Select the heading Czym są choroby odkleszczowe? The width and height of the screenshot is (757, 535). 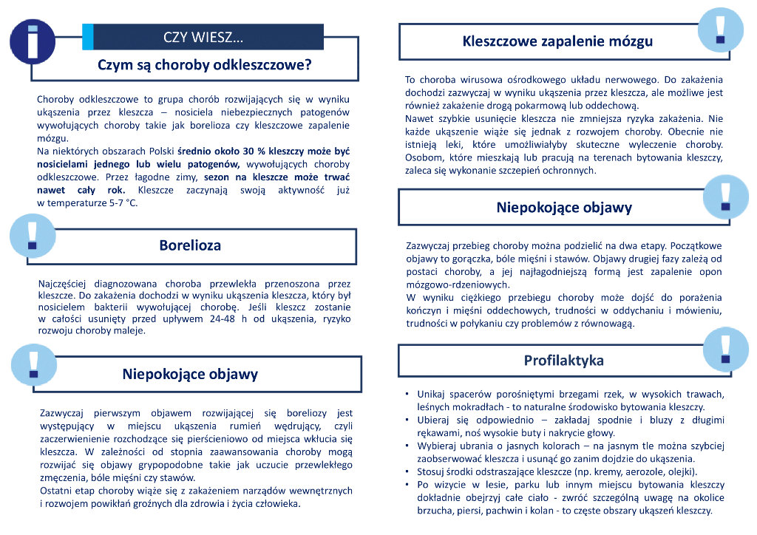click(x=205, y=65)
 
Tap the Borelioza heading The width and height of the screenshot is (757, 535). click(x=190, y=245)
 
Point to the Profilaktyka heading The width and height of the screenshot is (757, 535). click(x=563, y=361)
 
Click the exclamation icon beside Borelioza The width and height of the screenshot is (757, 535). click(x=32, y=235)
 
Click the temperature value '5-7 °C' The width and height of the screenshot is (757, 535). click(x=120, y=202)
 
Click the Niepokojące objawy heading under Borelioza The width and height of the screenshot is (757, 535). click(x=190, y=374)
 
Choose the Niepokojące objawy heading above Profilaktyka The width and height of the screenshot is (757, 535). click(x=563, y=207)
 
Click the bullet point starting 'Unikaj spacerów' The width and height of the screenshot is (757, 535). click(x=408, y=395)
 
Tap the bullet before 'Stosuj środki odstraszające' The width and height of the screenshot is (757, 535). click(x=408, y=471)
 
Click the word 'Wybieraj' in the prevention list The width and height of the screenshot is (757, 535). click(x=437, y=446)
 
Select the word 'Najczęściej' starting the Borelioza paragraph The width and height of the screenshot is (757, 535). click(x=61, y=283)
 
